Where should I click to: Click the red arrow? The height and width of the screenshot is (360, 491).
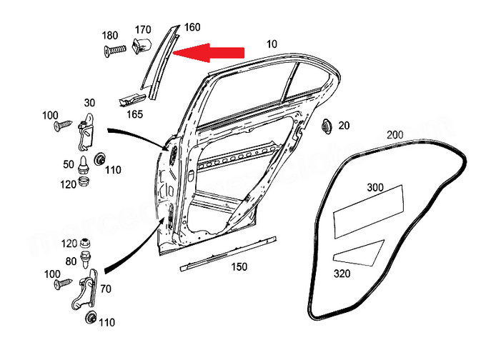[211, 52]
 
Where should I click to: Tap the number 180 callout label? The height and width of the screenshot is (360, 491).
[110, 36]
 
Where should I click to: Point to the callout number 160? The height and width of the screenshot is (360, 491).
[192, 28]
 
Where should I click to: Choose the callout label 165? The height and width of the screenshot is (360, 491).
[134, 114]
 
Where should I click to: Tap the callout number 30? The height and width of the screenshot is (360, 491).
[89, 102]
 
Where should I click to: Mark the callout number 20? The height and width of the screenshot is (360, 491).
[344, 126]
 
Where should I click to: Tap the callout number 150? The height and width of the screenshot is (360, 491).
[239, 267]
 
